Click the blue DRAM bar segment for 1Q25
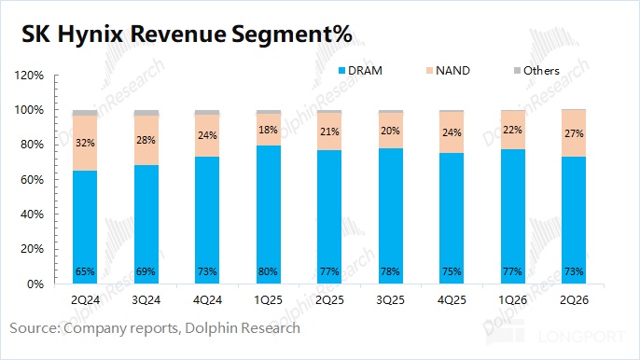pyautogui.click(x=269, y=215)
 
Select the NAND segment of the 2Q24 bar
pyautogui.click(x=85, y=143)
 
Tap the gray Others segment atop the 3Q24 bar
pyautogui.click(x=146, y=113)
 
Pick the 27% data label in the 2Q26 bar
pyautogui.click(x=574, y=133)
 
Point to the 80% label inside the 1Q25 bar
pyautogui.click(x=268, y=271)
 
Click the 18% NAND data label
pyautogui.click(x=268, y=130)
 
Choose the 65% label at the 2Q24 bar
pyautogui.click(x=85, y=271)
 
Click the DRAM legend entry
pyautogui.click(x=360, y=71)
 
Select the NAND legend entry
pyautogui.click(x=448, y=71)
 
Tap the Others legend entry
pyautogui.click(x=536, y=71)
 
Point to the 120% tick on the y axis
pyautogui.click(x=29, y=76)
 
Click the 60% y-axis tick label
pyautogui.click(x=32, y=180)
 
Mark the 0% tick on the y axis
pyautogui.click(x=35, y=284)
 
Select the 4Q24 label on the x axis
pyautogui.click(x=207, y=300)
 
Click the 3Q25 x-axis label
pyautogui.click(x=390, y=300)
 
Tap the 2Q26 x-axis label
pyautogui.click(x=574, y=300)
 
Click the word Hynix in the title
pyautogui.click(x=90, y=35)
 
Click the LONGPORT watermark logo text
pyautogui.click(x=581, y=337)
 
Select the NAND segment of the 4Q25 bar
pyautogui.click(x=452, y=132)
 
